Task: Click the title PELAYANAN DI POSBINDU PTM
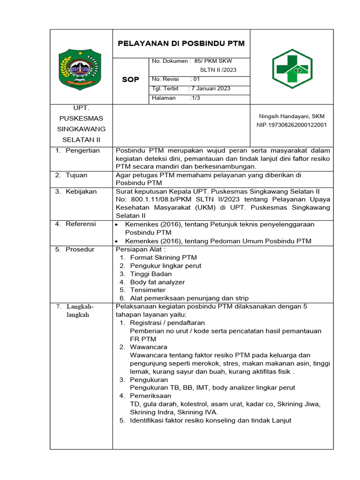(x=181, y=44)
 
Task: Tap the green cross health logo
(x=292, y=69)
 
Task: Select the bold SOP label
(x=130, y=80)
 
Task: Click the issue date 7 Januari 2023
(x=211, y=89)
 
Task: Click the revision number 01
(x=196, y=79)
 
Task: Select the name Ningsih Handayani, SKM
(x=292, y=116)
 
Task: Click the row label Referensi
(x=81, y=224)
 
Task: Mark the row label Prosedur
(x=80, y=249)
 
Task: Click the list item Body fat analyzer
(x=157, y=282)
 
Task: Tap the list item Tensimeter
(x=148, y=290)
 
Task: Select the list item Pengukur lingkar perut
(x=166, y=266)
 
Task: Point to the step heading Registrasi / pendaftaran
(x=167, y=322)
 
